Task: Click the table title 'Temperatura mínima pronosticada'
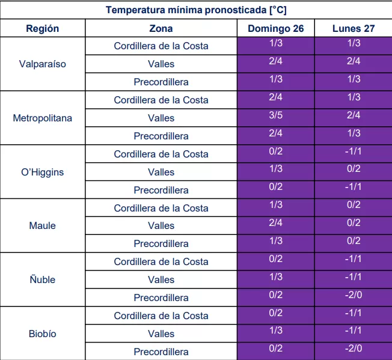(195, 10)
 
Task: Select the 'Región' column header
(43, 28)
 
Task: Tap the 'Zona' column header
(161, 28)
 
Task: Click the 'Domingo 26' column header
(276, 28)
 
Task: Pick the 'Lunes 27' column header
(354, 28)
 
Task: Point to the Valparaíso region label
(43, 64)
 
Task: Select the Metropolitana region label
(43, 118)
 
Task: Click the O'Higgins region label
(43, 172)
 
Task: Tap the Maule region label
(43, 225)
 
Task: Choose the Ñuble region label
(43, 279)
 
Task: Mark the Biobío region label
(43, 334)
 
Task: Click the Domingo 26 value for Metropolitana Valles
(276, 115)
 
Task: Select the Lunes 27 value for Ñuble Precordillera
(354, 294)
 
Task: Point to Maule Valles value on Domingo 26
(276, 222)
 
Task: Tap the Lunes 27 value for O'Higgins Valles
(354, 169)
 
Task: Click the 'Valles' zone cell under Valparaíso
(161, 64)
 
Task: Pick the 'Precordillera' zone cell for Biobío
(161, 352)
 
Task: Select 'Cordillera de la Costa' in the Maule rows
(161, 208)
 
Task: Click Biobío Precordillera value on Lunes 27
(354, 349)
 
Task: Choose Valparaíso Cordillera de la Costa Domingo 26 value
(276, 43)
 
